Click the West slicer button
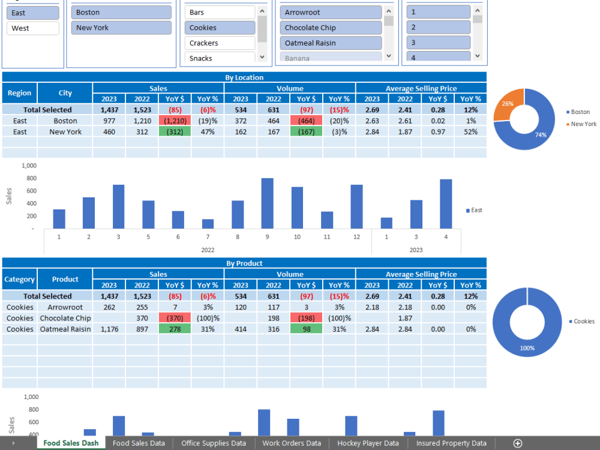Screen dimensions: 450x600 (x=33, y=28)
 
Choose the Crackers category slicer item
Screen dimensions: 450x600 (x=220, y=43)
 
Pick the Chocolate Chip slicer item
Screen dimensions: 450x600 (x=331, y=28)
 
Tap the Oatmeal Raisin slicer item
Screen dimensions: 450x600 (x=331, y=43)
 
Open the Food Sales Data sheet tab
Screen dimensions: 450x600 (x=139, y=443)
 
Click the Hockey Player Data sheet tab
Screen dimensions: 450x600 (x=368, y=443)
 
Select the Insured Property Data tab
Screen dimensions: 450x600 (x=451, y=443)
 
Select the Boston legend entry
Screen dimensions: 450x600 (x=580, y=112)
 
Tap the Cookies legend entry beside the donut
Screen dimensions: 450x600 (x=583, y=322)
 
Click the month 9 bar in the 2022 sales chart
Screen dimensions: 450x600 (x=267, y=203)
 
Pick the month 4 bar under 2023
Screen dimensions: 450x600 (x=446, y=204)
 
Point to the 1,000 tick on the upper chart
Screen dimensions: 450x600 (x=29, y=166)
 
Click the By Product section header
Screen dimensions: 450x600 (x=244, y=263)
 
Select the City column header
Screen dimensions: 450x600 (x=65, y=93)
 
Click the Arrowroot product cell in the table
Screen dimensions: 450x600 (x=65, y=307)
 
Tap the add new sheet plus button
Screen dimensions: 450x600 (x=518, y=443)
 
